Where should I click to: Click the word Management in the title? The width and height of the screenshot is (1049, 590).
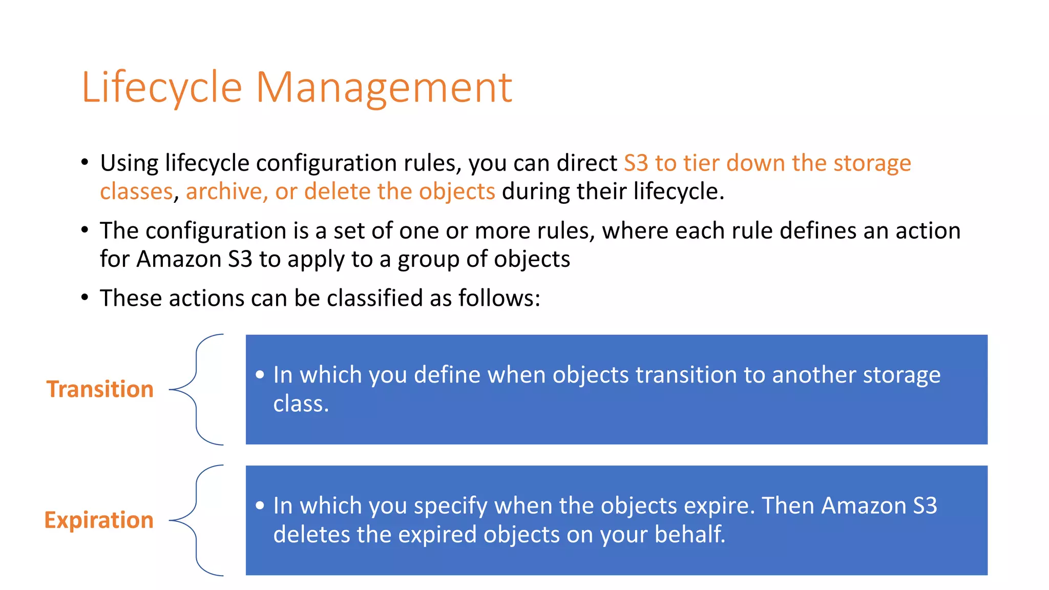384,88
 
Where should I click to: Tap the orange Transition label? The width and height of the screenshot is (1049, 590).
100,389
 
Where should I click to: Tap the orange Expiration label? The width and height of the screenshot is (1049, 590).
99,520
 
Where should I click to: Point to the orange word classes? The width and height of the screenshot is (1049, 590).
136,192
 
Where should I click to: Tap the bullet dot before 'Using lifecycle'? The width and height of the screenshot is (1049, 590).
85,163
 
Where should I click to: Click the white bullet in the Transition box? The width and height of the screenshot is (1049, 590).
260,375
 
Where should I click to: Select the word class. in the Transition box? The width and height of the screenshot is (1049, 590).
301,404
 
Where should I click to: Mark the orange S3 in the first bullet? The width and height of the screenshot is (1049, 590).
636,163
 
